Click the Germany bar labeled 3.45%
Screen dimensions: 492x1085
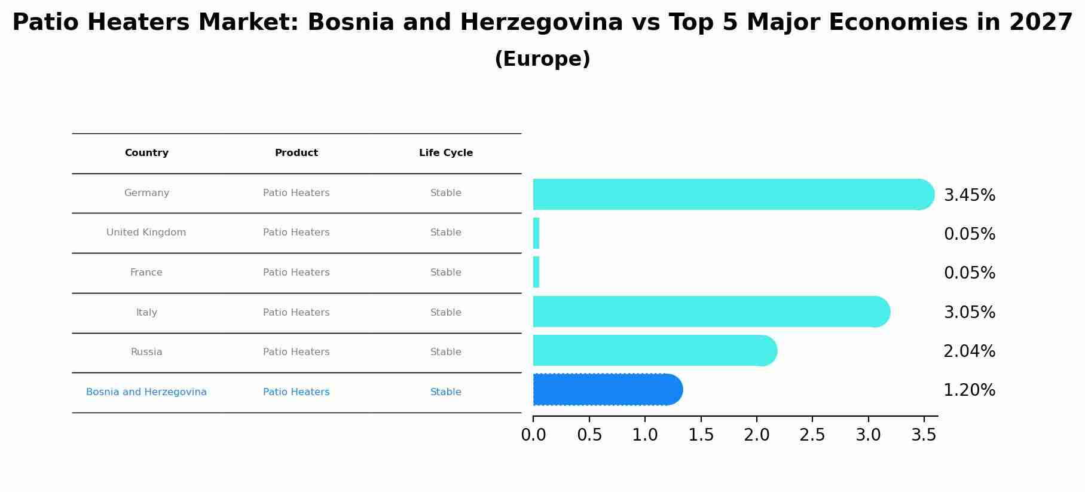point(732,194)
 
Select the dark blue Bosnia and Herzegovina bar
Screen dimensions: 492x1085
point(607,390)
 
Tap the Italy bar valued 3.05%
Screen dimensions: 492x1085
point(710,311)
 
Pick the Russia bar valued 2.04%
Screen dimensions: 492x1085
point(654,350)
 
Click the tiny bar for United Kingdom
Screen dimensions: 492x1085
point(536,233)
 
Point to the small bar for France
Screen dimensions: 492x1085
point(536,273)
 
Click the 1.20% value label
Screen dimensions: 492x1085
point(969,390)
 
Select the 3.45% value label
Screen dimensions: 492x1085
point(969,195)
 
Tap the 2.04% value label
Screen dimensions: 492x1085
point(969,352)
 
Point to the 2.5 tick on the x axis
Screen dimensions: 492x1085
point(812,435)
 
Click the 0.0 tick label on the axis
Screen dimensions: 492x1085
point(533,435)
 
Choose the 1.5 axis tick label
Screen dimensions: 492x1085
point(701,435)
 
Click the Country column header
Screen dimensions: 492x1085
point(146,153)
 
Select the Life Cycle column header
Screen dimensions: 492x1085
point(446,153)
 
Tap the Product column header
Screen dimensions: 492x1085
point(297,153)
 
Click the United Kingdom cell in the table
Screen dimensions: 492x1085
point(146,233)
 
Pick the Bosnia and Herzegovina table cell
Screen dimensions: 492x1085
point(146,392)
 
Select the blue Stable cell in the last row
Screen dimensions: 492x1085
point(446,392)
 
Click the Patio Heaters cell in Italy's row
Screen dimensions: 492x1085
point(297,313)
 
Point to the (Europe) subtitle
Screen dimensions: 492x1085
point(542,59)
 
